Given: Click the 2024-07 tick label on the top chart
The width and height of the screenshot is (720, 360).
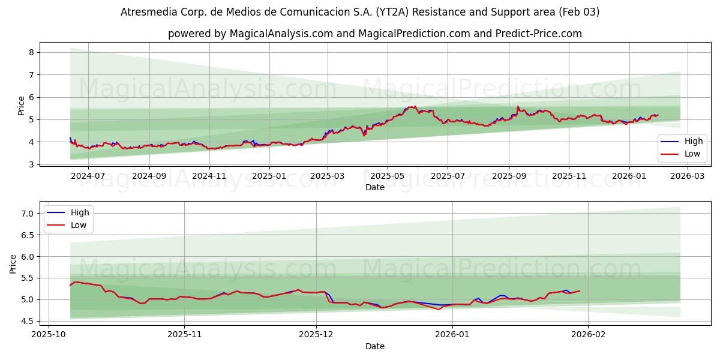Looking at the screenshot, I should tap(88, 176).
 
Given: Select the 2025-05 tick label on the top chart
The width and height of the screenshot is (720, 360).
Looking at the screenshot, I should tap(387, 176).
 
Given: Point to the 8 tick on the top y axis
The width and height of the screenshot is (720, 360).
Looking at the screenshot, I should tap(31, 52).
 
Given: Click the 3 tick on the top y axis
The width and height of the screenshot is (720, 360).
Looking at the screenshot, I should tap(31, 164).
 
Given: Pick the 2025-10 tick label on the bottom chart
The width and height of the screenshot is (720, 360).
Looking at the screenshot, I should tap(49, 335).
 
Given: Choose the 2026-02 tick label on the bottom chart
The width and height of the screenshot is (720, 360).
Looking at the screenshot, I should tap(588, 335).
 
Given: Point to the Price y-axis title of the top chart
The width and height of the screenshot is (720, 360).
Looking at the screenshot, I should tap(22, 105).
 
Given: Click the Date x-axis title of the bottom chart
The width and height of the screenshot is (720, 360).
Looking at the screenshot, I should tap(375, 346).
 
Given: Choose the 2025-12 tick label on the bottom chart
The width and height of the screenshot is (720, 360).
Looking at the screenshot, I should tap(316, 335).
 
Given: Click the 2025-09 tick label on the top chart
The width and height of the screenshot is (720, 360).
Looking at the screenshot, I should tap(509, 176).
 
